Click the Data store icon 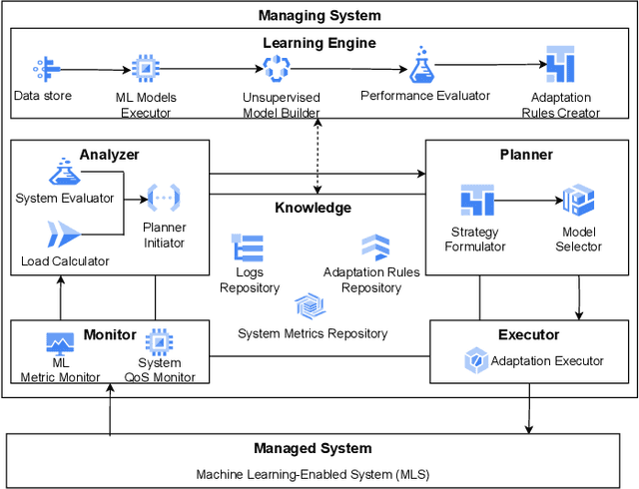tap(42, 69)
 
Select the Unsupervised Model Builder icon tap(276, 68)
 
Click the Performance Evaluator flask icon tap(421, 66)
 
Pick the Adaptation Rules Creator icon tap(559, 67)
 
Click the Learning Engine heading tap(319, 43)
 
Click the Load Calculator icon tap(63, 235)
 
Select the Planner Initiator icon tap(163, 198)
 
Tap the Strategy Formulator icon tap(477, 200)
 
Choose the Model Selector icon tap(578, 200)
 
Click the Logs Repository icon tap(248, 248)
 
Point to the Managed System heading tap(313, 449)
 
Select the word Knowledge tap(313, 208)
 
